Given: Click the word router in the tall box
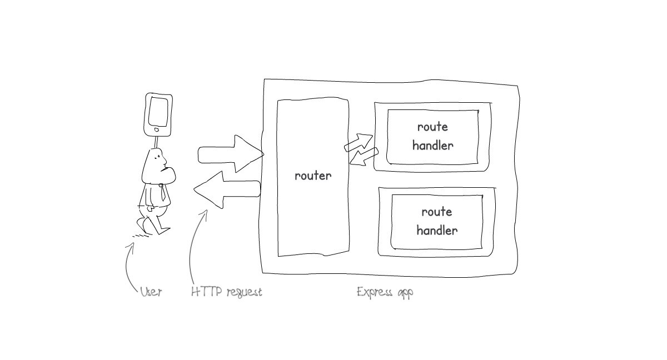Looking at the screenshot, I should pos(313,176).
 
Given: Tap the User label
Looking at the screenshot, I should pos(151,292).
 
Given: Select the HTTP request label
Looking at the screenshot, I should pos(226,292).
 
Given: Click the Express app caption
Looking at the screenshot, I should pos(385,292).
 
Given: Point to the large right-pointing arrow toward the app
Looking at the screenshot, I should pos(230,154).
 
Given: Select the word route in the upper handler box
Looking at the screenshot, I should pos(432,127).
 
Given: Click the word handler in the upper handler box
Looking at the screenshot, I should pos(432,146).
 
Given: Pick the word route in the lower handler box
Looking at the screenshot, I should pos(437,212).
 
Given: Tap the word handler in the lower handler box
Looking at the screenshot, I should pos(437,230).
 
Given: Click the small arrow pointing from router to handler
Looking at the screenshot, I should pos(359,142).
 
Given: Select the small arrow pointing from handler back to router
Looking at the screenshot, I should pos(364,156).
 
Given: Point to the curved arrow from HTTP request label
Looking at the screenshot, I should pos(193,250).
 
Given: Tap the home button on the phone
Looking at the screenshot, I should pos(157,131).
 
